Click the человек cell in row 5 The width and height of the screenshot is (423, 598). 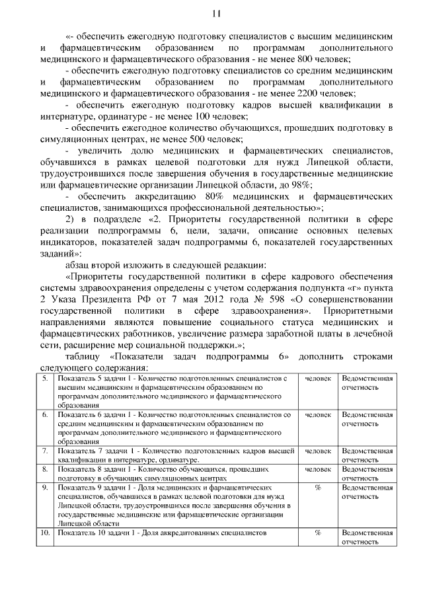[317, 379]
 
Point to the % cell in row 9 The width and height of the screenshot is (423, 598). [317, 487]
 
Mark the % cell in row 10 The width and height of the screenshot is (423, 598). [317, 532]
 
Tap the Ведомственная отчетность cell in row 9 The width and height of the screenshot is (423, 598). [367, 492]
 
